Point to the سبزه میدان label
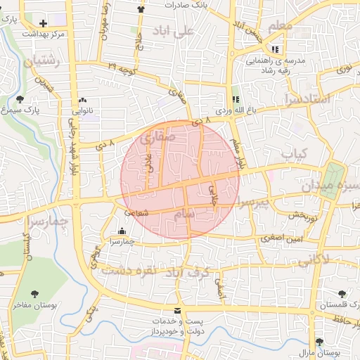coord(330,187)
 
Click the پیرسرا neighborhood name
coord(252,203)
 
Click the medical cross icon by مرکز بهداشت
coord(44,23)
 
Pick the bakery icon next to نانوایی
coord(83,100)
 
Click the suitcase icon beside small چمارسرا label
coord(122,231)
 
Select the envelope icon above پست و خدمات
coord(176,310)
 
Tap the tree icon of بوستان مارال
coord(320,342)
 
